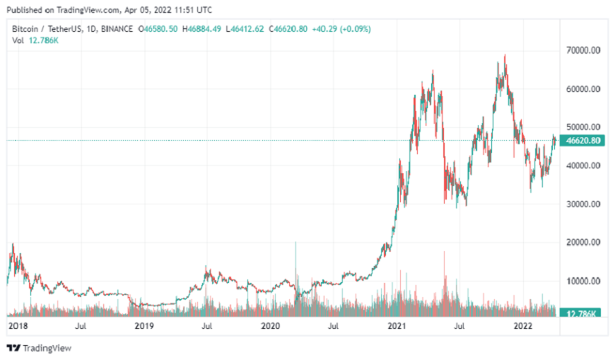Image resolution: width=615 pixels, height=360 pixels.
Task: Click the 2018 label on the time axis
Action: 18,326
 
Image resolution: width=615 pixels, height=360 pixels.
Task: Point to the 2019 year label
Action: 144,326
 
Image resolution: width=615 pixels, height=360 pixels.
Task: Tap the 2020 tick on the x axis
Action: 271,326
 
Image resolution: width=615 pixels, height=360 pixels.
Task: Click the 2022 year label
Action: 523,326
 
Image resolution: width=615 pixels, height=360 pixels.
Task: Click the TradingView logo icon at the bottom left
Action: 13,348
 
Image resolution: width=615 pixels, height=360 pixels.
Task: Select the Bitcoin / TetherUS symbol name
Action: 45,29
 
